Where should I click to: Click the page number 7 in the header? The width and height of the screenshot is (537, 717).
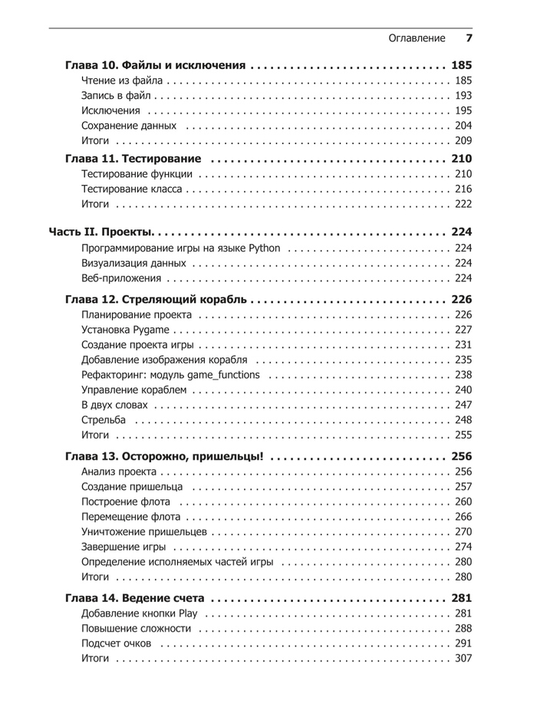pos(469,38)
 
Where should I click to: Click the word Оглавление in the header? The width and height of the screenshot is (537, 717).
pos(417,38)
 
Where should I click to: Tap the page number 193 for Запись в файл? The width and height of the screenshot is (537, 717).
pos(463,96)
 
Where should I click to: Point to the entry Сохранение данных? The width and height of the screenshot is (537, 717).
pos(129,126)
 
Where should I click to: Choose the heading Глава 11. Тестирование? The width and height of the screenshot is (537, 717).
pos(133,159)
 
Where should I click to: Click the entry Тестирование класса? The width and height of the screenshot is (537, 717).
pos(132,189)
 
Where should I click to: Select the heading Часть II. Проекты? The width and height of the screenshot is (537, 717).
pos(101,232)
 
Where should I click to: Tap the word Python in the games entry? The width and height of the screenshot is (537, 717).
pos(265,248)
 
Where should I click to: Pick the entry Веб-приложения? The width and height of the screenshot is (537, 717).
pos(121,278)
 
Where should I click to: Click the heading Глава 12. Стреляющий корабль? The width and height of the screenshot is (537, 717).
pos(156,299)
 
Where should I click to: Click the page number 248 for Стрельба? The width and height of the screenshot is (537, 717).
pos(463,419)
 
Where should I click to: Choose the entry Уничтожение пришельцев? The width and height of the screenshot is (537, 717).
pos(143,531)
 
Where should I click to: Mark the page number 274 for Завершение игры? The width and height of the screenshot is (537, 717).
pos(463,547)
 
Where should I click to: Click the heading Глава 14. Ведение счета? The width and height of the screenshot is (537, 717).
pos(134,598)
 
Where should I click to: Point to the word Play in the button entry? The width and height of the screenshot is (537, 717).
pos(188,613)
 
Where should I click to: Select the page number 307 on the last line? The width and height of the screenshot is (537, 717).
pos(463,659)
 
